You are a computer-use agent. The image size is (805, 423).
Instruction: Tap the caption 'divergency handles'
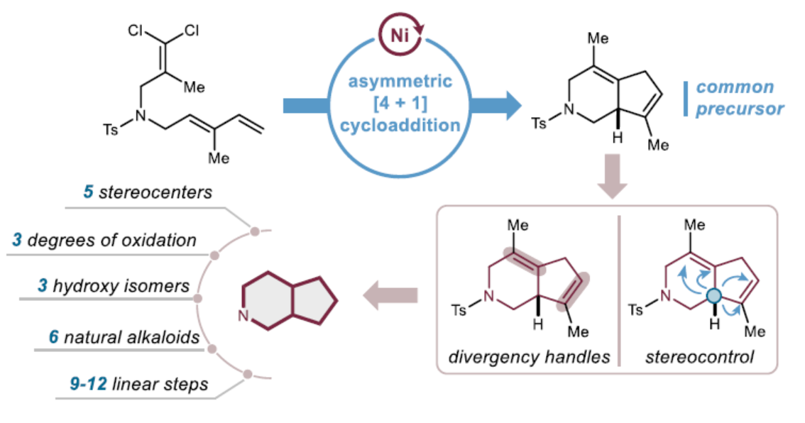pos(530,357)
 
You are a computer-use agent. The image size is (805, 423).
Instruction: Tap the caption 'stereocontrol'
pos(699,357)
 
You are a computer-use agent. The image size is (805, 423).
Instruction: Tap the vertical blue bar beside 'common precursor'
pos(686,99)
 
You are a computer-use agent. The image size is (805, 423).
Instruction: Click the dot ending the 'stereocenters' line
pos(255,229)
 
